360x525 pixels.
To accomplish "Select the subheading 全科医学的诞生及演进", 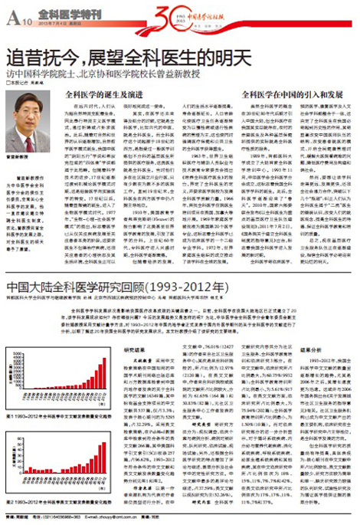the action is (x=108, y=95).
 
